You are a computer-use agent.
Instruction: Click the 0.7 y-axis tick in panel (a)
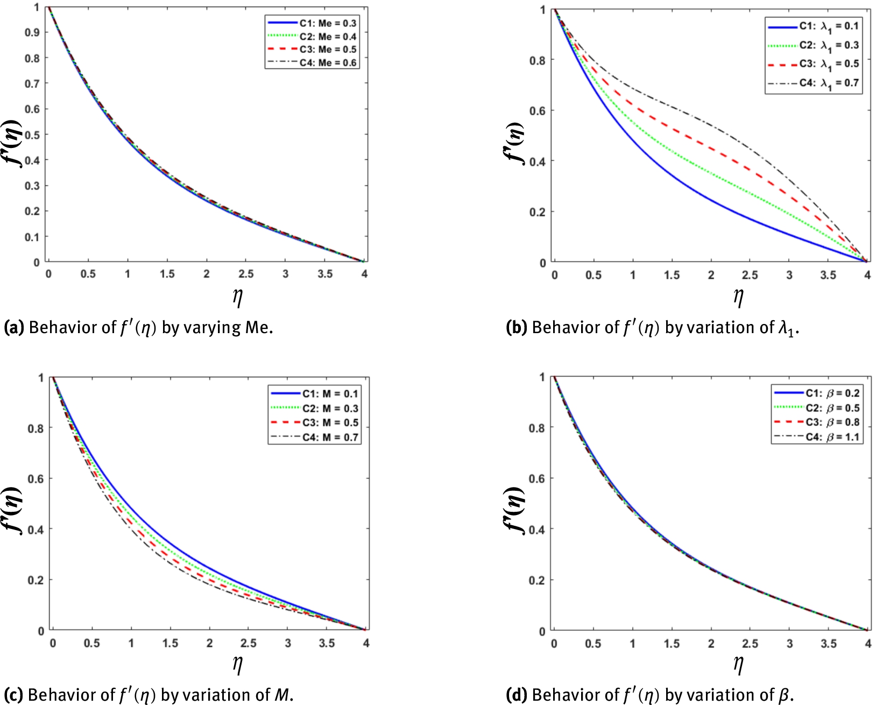32,83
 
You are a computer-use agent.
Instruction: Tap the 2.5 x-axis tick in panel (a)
246,274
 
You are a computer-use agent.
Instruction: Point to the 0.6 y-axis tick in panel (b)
538,111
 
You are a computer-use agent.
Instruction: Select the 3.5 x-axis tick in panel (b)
828,275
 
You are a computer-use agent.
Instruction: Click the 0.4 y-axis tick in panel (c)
36,530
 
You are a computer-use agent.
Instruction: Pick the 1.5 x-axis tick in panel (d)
672,644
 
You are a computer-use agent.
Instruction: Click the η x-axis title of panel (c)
237,665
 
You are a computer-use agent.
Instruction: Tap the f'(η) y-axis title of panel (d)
515,510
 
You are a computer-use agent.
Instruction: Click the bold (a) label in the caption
13,327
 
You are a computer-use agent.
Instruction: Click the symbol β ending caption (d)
786,695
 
